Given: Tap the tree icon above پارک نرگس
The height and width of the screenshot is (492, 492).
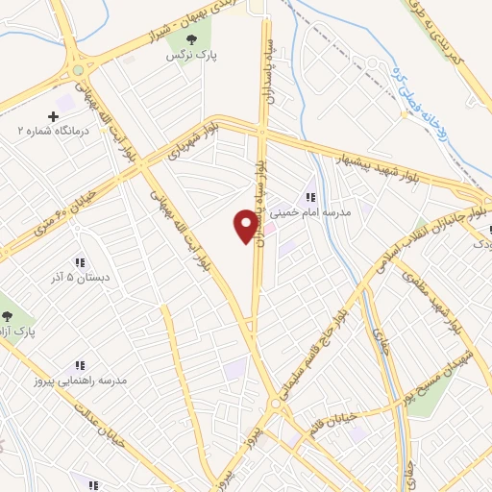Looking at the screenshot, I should pos(192,40).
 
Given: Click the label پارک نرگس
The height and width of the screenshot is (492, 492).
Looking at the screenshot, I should pos(192,58).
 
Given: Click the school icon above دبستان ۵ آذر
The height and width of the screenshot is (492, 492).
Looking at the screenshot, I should pos(80,261).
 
